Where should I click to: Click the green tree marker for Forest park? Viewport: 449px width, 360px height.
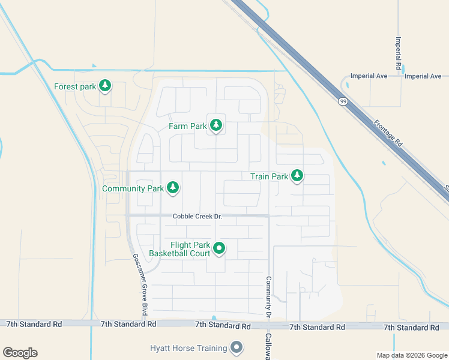pyautogui.click(x=106, y=86)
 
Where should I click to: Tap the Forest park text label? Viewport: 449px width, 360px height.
pyautogui.click(x=75, y=86)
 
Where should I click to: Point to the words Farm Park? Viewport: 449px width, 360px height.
pyautogui.click(x=187, y=126)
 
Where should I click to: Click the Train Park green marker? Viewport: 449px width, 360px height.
pyautogui.click(x=297, y=176)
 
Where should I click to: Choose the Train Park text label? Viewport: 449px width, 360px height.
pyautogui.click(x=269, y=176)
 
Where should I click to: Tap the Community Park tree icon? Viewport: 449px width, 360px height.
pyautogui.click(x=173, y=188)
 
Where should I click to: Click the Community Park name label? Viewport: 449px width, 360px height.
pyautogui.click(x=133, y=188)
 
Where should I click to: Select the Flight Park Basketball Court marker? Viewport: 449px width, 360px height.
pyautogui.click(x=219, y=248)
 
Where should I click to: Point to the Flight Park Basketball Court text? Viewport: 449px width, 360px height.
pyautogui.click(x=190, y=249)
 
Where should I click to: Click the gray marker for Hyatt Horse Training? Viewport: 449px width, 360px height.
pyautogui.click(x=237, y=347)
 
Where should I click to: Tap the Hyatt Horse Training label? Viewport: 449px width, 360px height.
pyautogui.click(x=188, y=348)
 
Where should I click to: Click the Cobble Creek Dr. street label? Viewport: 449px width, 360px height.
pyautogui.click(x=197, y=217)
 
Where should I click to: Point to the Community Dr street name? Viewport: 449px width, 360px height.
pyautogui.click(x=268, y=296)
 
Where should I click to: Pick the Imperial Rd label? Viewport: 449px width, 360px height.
pyautogui.click(x=398, y=52)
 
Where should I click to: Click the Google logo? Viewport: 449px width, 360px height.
pyautogui.click(x=20, y=353)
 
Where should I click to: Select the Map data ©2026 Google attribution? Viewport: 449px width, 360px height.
pyautogui.click(x=411, y=355)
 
